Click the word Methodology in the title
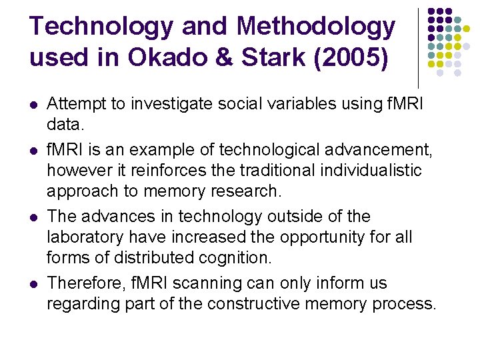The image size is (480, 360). (315, 27)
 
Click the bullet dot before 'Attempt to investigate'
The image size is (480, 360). (34, 105)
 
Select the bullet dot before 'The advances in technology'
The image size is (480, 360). (34, 217)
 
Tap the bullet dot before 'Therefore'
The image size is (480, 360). (34, 284)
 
